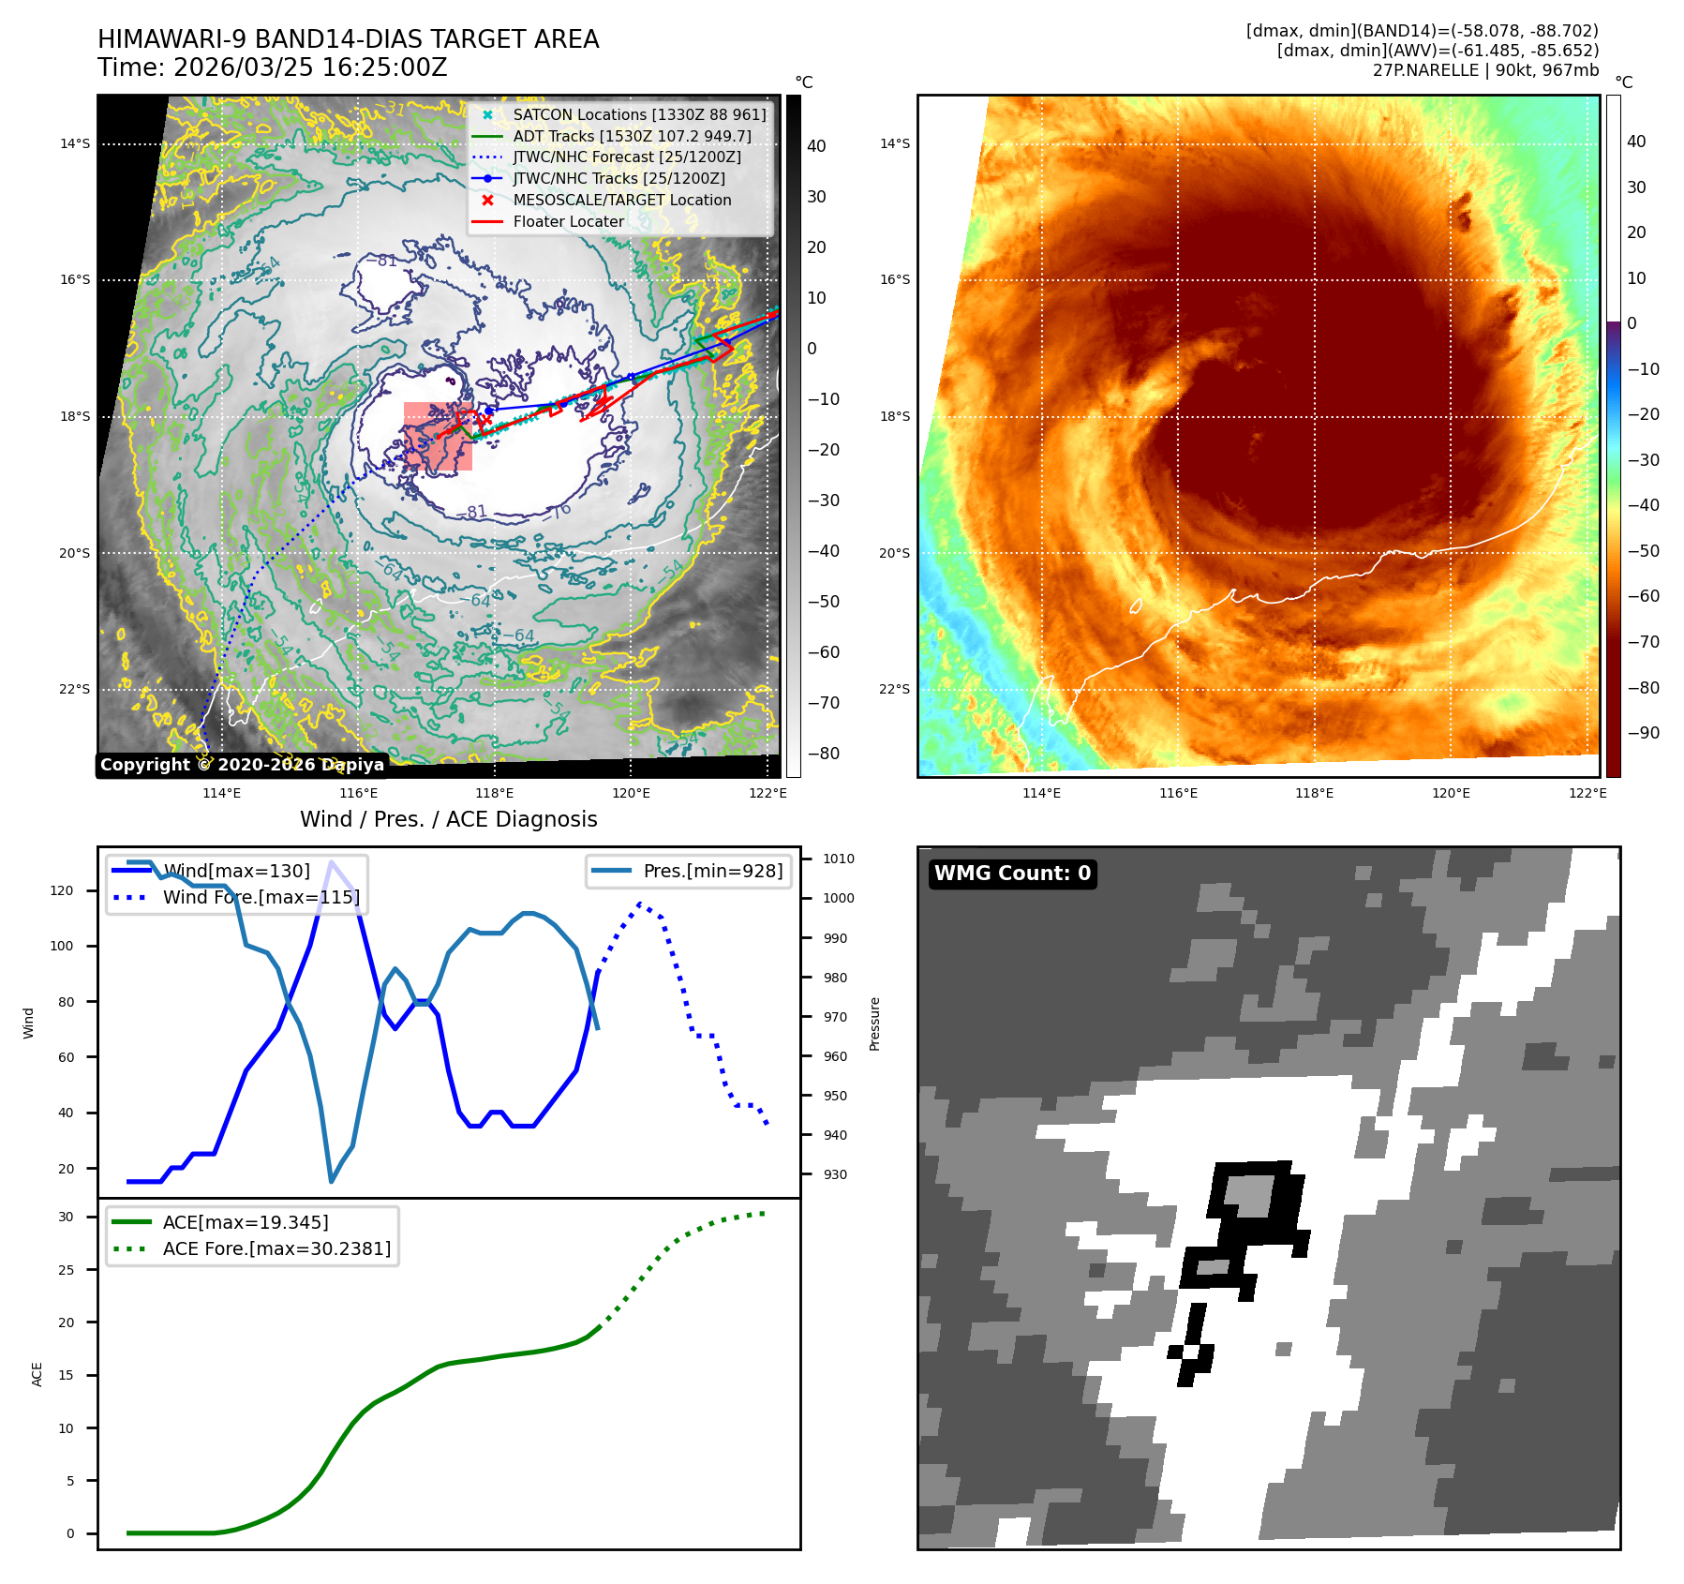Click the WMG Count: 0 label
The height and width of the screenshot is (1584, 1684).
point(1012,874)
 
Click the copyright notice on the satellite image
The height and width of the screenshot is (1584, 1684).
point(242,765)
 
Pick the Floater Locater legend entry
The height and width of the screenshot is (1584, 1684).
point(568,221)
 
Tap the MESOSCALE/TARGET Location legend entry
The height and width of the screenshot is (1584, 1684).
point(621,200)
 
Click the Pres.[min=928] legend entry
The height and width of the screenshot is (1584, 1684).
point(712,871)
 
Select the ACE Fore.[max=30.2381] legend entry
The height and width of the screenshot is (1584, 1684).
point(276,1248)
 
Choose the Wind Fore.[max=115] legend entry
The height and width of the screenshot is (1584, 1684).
point(261,897)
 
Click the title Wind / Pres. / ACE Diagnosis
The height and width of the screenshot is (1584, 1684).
point(448,819)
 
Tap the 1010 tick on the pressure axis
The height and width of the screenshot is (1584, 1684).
point(839,859)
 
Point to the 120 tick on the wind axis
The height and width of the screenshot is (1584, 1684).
point(62,890)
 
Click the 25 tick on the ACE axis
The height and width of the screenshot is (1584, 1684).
point(66,1270)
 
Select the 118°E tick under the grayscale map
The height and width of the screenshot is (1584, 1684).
point(495,793)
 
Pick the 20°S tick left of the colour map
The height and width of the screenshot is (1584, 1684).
point(894,553)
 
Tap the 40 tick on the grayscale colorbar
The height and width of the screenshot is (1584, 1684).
point(816,146)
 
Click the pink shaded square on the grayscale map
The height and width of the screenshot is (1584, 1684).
point(438,437)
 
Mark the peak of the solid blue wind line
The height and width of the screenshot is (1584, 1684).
point(331,862)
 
